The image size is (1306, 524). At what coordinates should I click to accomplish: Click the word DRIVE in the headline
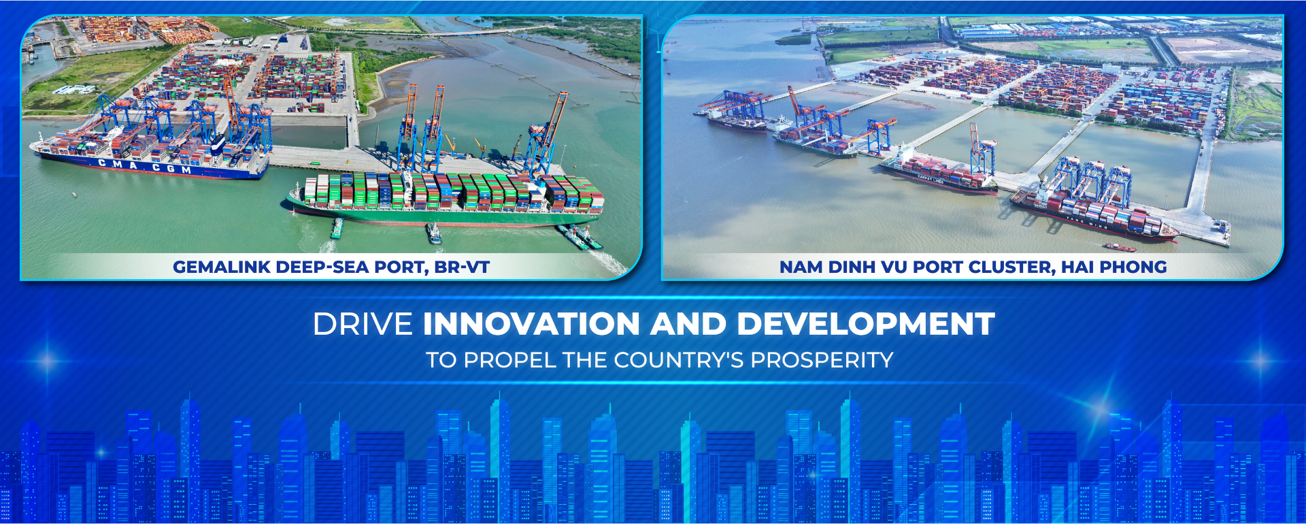point(363,324)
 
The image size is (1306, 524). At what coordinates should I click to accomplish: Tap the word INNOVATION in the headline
point(531,324)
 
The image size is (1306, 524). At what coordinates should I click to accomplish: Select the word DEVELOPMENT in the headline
point(866,324)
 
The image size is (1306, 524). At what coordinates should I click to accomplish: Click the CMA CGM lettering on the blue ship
point(145,167)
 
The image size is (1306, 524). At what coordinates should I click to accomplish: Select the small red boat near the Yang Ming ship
point(1119,246)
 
